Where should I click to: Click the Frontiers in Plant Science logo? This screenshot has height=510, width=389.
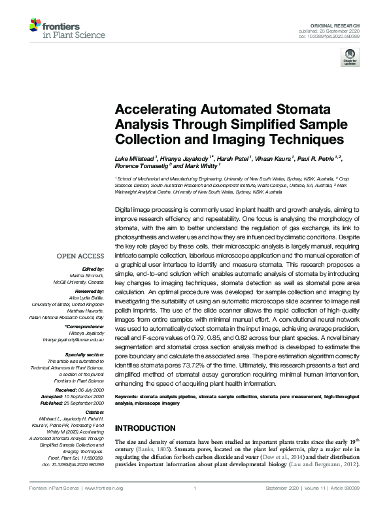(x=56, y=28)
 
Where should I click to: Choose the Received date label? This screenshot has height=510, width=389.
(x=82, y=371)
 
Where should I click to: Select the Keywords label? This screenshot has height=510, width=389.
(x=130, y=396)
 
